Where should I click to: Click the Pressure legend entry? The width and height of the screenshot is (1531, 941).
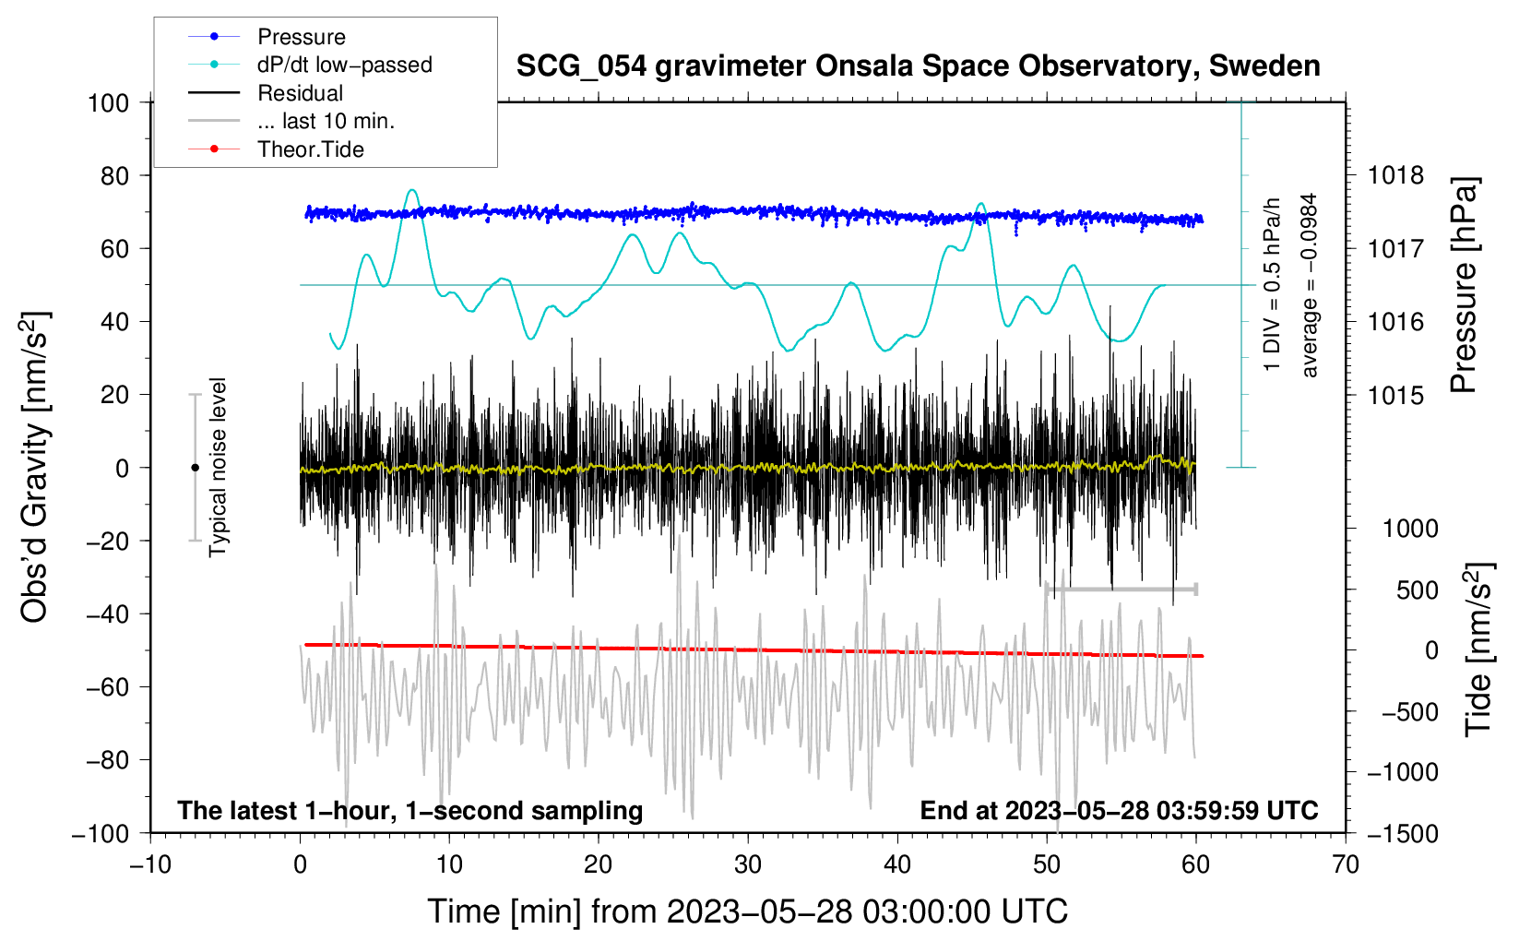pos(267,36)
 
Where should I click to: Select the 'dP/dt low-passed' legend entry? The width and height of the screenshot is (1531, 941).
pos(310,65)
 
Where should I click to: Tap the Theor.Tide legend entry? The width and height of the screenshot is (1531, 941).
pos(276,149)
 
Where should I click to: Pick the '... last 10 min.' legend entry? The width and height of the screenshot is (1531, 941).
pos(291,121)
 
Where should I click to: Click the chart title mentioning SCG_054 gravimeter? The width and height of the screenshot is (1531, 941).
pos(918,66)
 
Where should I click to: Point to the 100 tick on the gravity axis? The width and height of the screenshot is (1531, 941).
pos(109,103)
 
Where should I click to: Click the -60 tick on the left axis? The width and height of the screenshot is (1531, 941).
pos(107,687)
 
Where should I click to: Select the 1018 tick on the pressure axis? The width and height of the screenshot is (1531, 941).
pos(1395,176)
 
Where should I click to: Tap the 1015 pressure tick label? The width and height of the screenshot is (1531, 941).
pos(1395,395)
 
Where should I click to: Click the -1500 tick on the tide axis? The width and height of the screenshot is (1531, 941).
pos(1403,834)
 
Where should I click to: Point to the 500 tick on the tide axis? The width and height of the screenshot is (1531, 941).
pos(1417,590)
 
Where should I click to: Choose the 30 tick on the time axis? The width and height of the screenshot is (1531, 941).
pos(748,865)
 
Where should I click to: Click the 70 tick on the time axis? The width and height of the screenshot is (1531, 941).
pos(1345,865)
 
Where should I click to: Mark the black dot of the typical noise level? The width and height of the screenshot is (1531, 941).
pos(195,468)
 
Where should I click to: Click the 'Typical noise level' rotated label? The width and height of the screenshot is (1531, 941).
pos(218,468)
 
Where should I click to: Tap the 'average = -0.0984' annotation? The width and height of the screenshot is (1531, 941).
pos(1309,285)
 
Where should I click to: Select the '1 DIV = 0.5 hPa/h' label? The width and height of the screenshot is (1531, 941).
pos(1271,285)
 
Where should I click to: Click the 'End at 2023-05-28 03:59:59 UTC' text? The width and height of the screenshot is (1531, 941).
pos(1119,810)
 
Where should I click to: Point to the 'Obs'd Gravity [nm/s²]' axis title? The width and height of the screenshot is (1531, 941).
pos(34,468)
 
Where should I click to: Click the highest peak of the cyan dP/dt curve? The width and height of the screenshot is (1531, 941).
pos(411,190)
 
